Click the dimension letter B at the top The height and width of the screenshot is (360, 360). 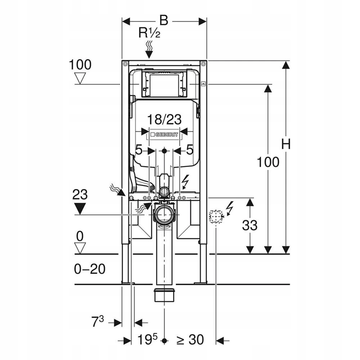[x=164, y=21]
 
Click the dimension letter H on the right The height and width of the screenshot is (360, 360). [x=286, y=144]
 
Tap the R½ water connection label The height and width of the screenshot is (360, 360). [x=149, y=32]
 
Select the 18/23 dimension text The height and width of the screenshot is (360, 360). [x=164, y=120]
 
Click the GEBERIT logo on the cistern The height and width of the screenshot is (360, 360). [x=164, y=134]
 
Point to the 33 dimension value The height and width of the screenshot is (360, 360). [x=249, y=225]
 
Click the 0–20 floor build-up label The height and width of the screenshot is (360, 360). [x=90, y=269]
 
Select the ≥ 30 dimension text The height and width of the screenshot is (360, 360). [x=190, y=339]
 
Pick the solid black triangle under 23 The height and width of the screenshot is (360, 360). [x=80, y=209]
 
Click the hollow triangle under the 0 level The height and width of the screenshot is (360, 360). [x=80, y=248]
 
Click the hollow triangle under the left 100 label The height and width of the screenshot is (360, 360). [x=80, y=78]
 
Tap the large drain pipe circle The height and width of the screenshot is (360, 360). [x=165, y=215]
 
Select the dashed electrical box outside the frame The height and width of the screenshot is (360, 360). [x=216, y=216]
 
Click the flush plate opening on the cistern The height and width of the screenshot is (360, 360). [x=164, y=85]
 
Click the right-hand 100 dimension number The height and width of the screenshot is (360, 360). [x=268, y=162]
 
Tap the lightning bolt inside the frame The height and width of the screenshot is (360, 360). [x=185, y=182]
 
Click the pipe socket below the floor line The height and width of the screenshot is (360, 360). [x=165, y=295]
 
